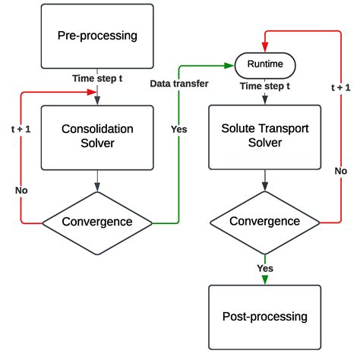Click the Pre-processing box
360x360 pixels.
coord(96,35)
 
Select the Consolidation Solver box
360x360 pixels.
coord(96,137)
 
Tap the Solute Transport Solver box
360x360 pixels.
coord(264,137)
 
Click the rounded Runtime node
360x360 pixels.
coord(264,65)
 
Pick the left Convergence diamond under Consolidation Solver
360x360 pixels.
coord(96,222)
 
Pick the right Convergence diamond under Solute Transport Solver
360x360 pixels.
coord(264,222)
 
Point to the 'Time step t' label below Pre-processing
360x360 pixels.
coord(96,77)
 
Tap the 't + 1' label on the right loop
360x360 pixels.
coord(333,109)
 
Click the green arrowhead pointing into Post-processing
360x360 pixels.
coord(264,280)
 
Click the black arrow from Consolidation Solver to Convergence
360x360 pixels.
coord(96,186)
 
